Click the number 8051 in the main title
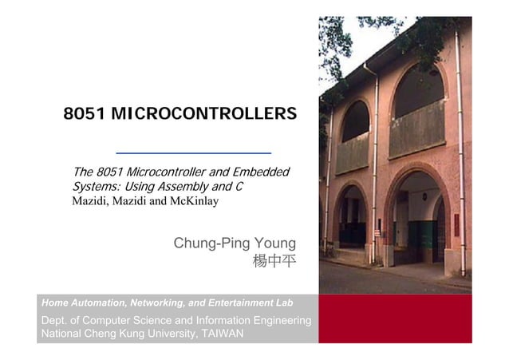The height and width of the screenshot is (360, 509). click(x=85, y=114)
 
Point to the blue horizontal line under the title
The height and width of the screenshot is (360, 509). click(x=193, y=152)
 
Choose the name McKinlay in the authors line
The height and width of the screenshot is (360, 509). click(x=192, y=200)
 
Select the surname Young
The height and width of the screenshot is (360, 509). click(x=273, y=243)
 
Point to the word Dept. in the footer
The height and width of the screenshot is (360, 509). click(x=55, y=320)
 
